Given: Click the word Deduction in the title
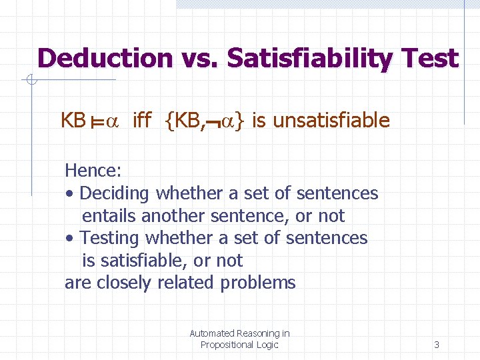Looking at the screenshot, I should (x=105, y=59).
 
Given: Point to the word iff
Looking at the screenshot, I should (x=142, y=121).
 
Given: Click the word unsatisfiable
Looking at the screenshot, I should (x=331, y=121).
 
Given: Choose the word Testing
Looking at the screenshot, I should (x=110, y=238).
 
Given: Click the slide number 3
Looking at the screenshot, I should (x=437, y=345).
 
